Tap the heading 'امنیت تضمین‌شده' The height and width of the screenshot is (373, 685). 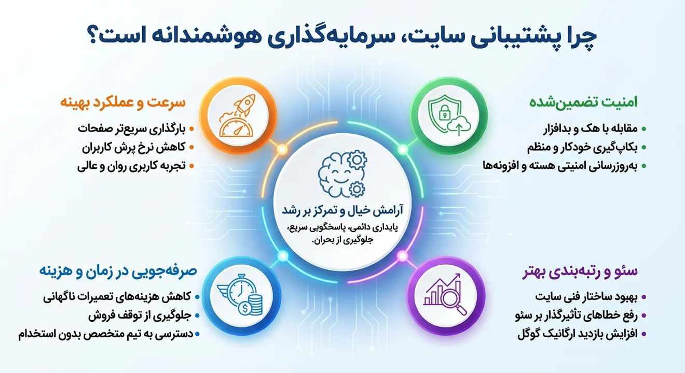click(x=583, y=103)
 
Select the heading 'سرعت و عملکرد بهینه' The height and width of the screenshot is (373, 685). click(x=124, y=103)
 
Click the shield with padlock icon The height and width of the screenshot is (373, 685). click(x=440, y=112)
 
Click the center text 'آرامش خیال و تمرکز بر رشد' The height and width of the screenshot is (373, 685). click(x=341, y=211)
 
